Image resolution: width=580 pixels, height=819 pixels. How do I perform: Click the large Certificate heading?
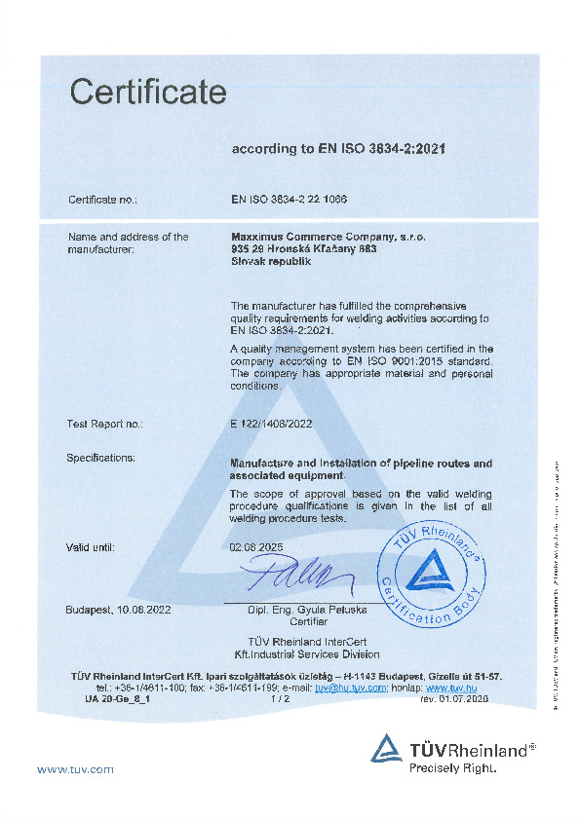[148, 93]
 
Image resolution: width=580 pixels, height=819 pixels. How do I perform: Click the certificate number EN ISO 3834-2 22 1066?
[290, 199]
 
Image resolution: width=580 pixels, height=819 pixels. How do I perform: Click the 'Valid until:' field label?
[91, 547]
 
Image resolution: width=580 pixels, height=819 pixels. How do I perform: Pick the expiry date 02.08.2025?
[254, 547]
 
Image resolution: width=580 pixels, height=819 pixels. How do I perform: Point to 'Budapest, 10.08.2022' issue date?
[118, 610]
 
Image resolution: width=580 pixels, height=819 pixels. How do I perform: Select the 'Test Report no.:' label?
[104, 424]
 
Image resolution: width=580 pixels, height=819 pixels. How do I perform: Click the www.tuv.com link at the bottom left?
[75, 769]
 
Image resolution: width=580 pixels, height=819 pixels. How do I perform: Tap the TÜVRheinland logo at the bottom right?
[453, 749]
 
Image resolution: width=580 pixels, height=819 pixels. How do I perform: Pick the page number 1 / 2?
[280, 698]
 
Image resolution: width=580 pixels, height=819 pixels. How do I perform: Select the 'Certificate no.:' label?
[102, 199]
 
